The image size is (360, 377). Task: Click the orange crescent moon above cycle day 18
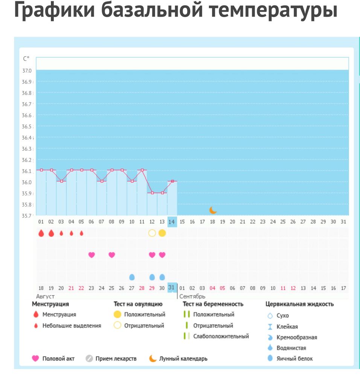coord(213,210)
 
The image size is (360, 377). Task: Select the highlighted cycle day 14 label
coord(172,222)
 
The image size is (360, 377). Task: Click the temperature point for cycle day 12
coord(152,193)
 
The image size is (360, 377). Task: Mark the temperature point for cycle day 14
coord(172,181)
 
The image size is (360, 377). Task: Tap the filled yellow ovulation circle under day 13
coord(162,233)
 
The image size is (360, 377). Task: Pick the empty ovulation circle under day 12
coord(152,233)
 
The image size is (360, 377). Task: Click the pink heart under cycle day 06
coord(92,255)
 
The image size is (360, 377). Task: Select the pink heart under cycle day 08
coord(111,255)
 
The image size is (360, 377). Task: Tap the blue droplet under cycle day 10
coord(132,277)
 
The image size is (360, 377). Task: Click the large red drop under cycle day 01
coord(41,233)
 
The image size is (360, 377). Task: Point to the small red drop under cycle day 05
coord(81,233)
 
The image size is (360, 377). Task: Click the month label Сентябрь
coord(192,296)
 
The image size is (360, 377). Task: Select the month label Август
coord(46,296)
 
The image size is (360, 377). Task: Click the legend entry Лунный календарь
coord(183,359)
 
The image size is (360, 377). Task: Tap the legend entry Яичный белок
coord(295,359)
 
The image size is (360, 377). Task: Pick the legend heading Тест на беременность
coord(213,304)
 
